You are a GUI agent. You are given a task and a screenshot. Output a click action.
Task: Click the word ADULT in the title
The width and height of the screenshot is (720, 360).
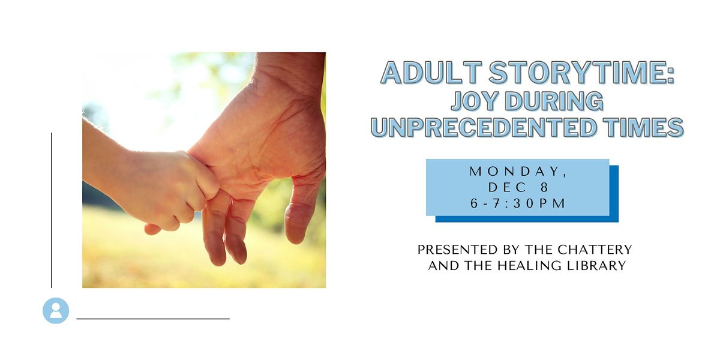click(x=431, y=73)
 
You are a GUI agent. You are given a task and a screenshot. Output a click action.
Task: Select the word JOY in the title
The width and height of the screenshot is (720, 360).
click(x=473, y=101)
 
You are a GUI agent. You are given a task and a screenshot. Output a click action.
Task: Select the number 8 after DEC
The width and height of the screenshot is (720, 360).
click(x=545, y=188)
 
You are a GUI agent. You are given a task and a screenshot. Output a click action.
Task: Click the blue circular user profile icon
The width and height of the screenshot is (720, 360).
click(x=56, y=311)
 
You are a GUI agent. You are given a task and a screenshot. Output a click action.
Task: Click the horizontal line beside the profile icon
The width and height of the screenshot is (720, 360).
click(x=153, y=319)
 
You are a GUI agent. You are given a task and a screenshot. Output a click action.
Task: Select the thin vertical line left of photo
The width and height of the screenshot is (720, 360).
click(x=52, y=210)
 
